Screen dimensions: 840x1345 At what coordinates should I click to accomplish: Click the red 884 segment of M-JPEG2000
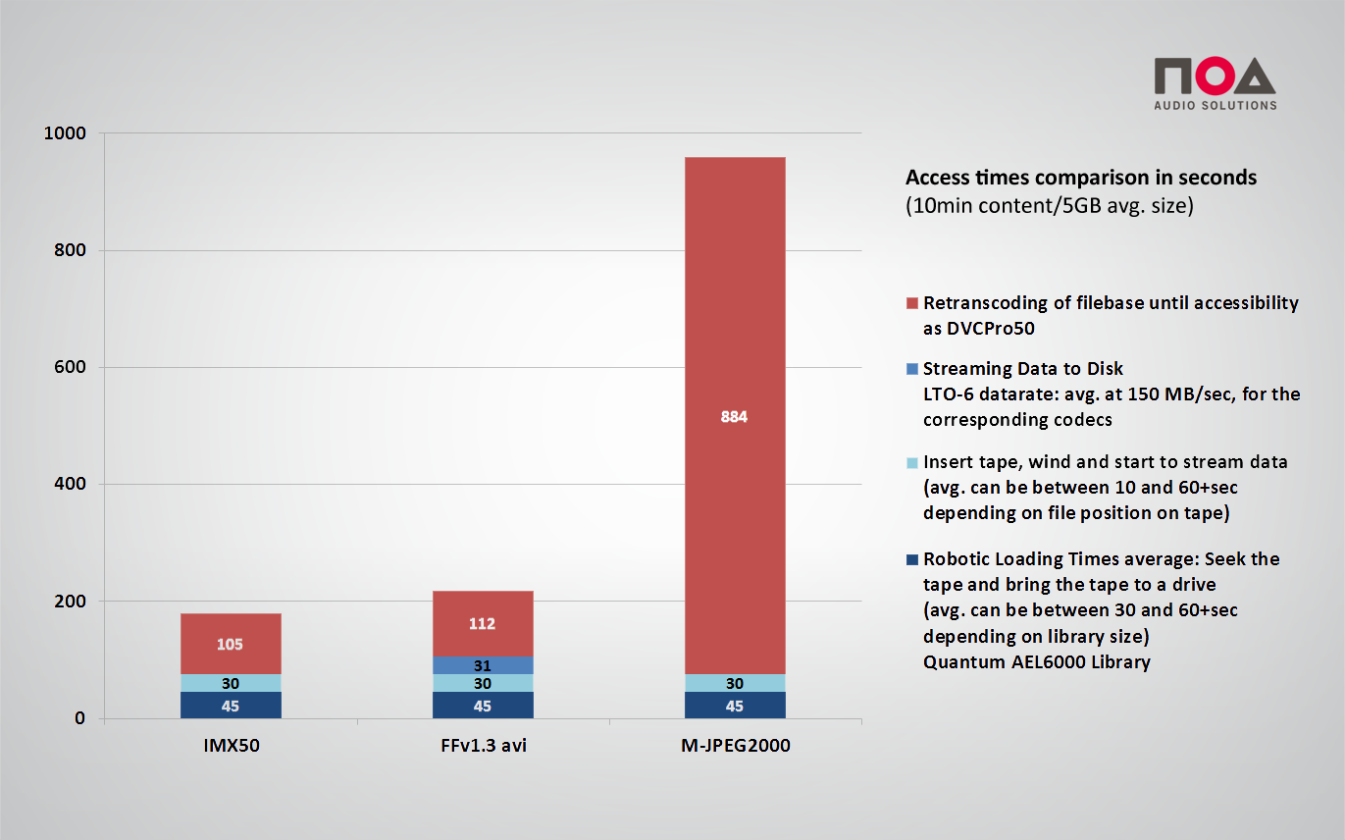(734, 415)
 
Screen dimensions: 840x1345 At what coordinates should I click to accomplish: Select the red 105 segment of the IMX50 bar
(231, 644)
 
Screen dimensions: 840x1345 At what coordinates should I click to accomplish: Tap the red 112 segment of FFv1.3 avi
(482, 623)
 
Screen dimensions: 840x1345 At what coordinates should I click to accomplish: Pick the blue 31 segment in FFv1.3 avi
(482, 665)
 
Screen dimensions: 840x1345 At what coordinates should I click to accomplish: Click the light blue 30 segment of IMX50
(231, 683)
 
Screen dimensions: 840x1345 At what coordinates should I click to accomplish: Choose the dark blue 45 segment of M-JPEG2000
(734, 706)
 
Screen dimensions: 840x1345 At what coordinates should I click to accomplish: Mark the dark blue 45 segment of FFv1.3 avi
(482, 706)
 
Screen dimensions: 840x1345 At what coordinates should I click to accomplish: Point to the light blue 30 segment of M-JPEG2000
(734, 683)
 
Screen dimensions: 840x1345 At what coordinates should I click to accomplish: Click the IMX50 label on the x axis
(231, 746)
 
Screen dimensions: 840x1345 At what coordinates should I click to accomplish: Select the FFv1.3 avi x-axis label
(483, 746)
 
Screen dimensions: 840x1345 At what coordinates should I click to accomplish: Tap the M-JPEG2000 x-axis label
(735, 746)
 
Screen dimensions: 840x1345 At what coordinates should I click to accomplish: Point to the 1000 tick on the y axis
(65, 133)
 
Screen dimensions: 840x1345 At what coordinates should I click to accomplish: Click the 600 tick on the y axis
(70, 367)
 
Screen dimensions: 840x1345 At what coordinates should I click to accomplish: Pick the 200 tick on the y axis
(70, 601)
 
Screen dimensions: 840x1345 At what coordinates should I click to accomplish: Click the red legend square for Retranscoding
(912, 303)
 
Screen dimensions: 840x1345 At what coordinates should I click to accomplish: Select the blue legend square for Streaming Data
(912, 369)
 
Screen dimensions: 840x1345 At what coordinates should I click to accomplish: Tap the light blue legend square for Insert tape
(912, 462)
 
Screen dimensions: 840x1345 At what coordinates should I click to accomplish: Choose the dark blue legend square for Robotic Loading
(912, 559)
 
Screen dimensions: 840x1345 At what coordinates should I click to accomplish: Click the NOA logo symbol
(1215, 77)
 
